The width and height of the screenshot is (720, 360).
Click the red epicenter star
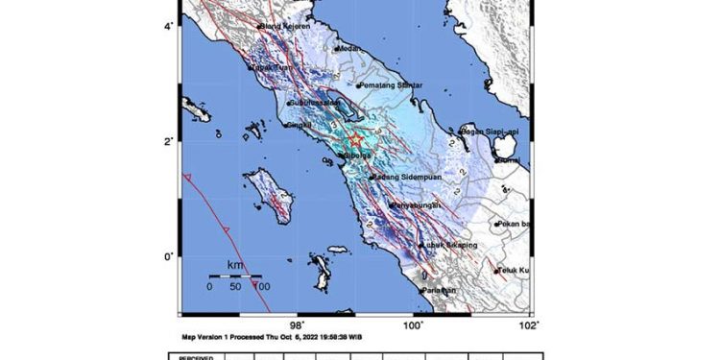356,140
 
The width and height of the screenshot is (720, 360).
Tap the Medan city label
348,48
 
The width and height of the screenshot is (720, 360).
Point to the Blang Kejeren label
284,26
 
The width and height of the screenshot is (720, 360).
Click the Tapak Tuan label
271,68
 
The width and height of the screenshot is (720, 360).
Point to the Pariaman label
441,290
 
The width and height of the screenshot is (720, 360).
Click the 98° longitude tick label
298,324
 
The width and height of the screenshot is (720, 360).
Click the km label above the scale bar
235,264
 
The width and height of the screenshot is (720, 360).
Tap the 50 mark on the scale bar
236,286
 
